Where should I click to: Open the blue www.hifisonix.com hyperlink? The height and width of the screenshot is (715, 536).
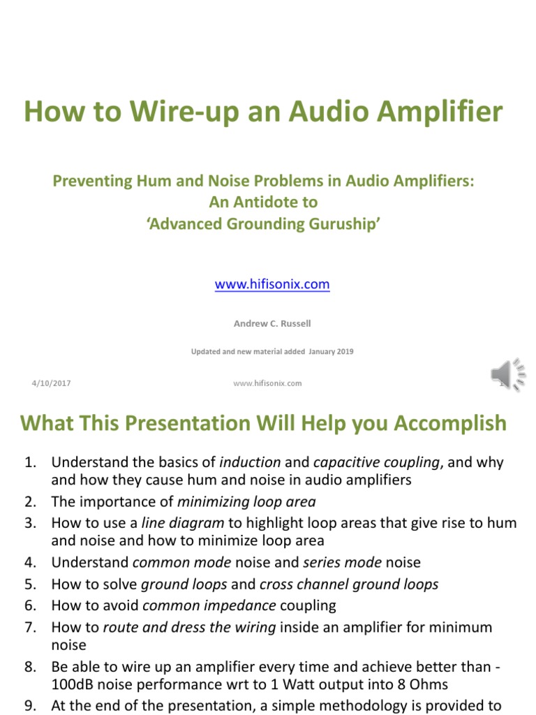[272, 284]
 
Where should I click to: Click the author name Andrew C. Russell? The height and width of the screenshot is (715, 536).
[272, 323]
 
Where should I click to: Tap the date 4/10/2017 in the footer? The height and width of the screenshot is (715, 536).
[51, 383]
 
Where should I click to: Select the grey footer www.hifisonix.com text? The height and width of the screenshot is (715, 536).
[267, 383]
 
